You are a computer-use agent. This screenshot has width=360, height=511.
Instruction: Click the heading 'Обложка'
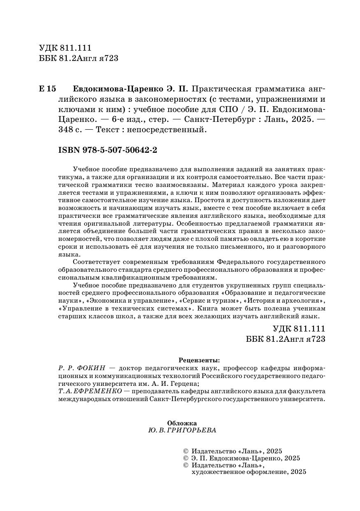tap(182, 423)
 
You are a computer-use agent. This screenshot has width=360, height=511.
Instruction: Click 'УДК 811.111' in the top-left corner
tap(65, 48)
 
